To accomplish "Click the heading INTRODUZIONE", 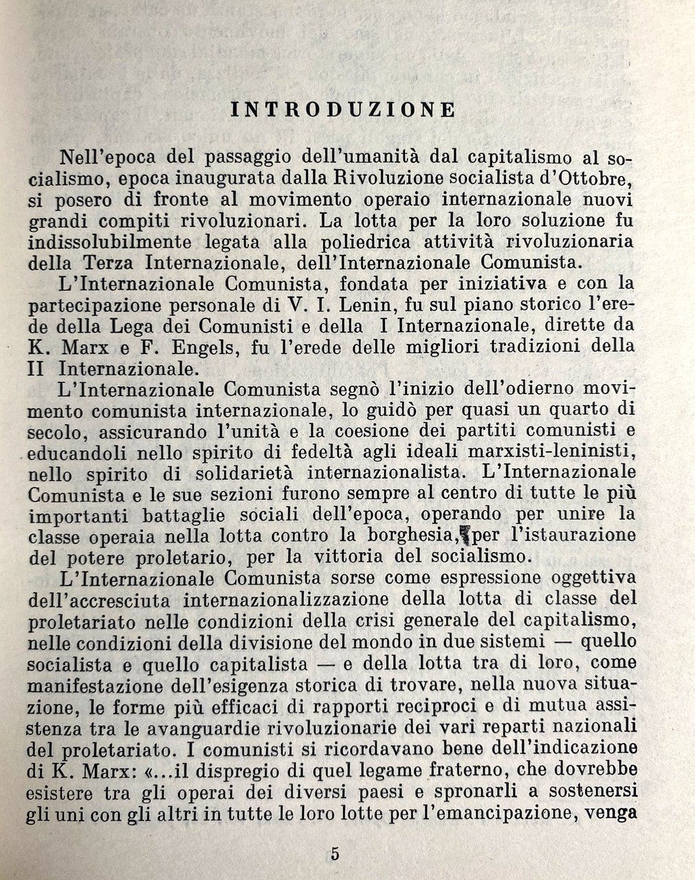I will click(343, 109).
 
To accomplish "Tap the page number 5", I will click(335, 855).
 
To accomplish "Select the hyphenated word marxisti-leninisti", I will click(549, 452).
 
